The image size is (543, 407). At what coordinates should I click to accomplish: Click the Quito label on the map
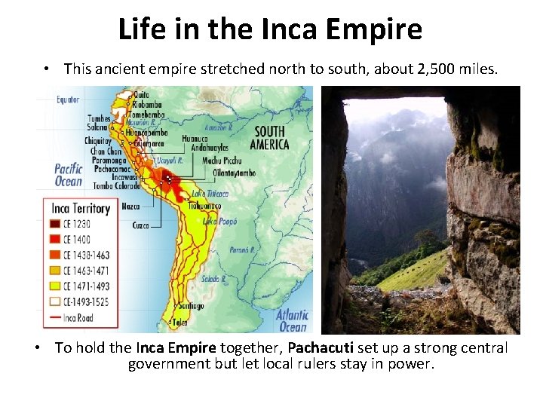tap(141, 96)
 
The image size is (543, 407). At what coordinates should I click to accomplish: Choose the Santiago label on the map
tap(191, 306)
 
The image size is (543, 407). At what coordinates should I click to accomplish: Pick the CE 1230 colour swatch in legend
tap(57, 223)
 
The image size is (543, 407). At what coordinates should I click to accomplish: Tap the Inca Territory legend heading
tap(81, 208)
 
